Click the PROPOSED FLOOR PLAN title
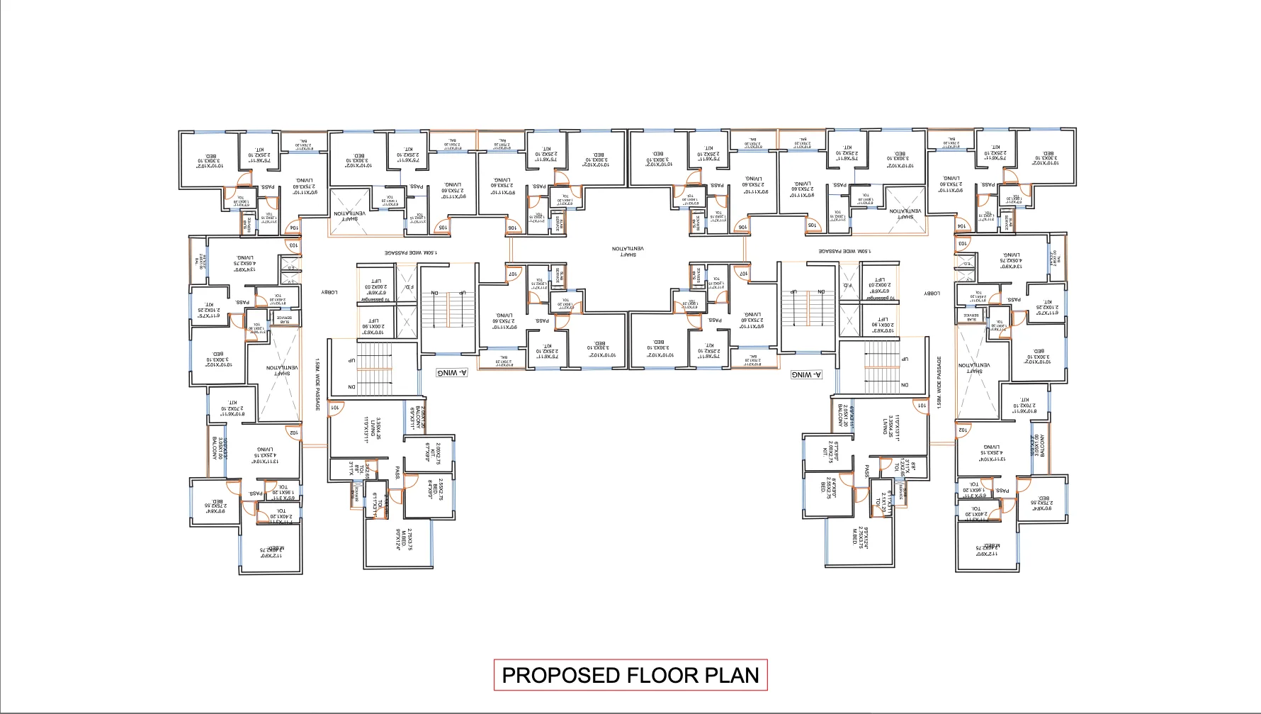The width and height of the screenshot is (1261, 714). pyautogui.click(x=630, y=675)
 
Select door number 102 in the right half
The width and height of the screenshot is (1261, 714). pyautogui.click(x=962, y=430)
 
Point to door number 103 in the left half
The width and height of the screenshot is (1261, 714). pyautogui.click(x=293, y=245)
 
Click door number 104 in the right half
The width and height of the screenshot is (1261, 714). pyautogui.click(x=961, y=226)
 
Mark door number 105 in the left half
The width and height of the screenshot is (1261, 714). pyautogui.click(x=442, y=228)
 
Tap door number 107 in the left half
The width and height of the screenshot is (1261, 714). pyautogui.click(x=513, y=273)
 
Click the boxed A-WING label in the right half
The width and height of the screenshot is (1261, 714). pyautogui.click(x=806, y=374)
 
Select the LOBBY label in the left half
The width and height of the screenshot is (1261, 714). pyautogui.click(x=329, y=292)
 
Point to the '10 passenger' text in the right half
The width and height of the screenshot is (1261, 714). pyautogui.click(x=880, y=298)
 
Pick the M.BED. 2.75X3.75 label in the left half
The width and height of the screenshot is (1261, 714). pyautogui.click(x=405, y=537)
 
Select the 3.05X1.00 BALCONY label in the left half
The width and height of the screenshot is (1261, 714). pyautogui.click(x=217, y=448)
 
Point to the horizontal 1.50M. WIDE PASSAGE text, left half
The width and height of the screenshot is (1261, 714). pyautogui.click(x=411, y=252)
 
